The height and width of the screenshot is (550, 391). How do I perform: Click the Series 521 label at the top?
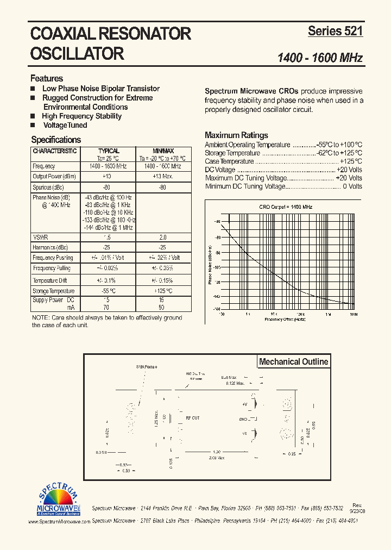(335, 31)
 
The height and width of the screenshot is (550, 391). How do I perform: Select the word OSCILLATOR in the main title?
(78, 53)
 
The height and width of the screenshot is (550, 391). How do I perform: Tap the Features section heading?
(47, 78)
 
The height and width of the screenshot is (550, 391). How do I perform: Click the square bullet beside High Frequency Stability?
(33, 116)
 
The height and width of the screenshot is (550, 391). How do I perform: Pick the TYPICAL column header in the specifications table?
(109, 151)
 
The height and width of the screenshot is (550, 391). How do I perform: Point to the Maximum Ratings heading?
(236, 135)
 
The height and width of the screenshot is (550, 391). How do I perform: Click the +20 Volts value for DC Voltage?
(349, 170)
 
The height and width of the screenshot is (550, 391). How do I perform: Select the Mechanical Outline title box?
(293, 362)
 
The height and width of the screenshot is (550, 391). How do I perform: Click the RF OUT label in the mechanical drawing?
(193, 418)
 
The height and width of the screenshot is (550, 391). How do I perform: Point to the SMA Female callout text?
(146, 367)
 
